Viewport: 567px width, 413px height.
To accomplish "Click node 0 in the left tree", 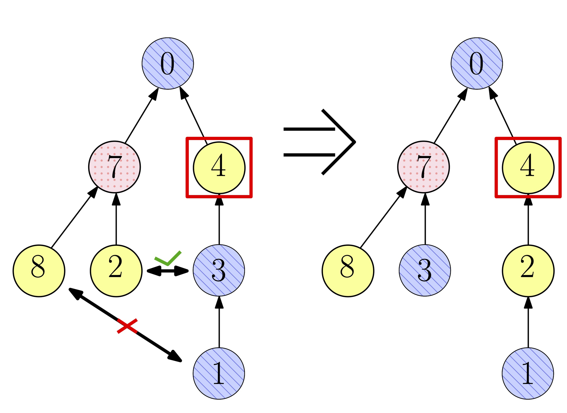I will tap(167, 63).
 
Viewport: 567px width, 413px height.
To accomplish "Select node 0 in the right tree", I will tap(476, 63).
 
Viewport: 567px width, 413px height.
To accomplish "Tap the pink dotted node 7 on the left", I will tap(114, 167).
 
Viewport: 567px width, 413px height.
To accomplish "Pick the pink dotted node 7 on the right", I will tap(423, 167).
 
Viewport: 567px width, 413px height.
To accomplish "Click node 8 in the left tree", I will tap(39, 271).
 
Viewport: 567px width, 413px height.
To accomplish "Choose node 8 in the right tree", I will tap(348, 271).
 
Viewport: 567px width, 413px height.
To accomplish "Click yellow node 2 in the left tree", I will tap(116, 271).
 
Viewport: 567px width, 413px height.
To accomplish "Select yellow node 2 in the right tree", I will tap(528, 271).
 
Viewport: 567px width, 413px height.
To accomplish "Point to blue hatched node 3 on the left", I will tap(219, 270).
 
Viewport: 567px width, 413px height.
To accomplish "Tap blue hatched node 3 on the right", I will tap(425, 270).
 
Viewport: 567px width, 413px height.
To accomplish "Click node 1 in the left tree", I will tap(219, 373).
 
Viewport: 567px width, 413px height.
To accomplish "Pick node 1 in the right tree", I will tap(528, 373).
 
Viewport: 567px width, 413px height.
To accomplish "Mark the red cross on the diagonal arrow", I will tap(127, 326).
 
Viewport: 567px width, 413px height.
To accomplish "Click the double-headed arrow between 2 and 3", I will tap(167, 271).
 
